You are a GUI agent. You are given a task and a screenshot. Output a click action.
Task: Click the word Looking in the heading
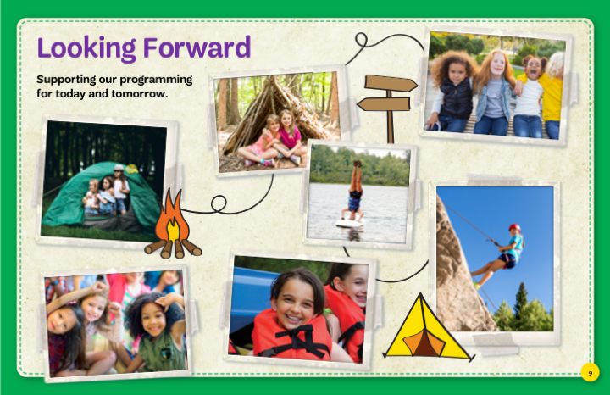[x=86, y=48]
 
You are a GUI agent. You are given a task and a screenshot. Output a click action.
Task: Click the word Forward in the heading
[x=197, y=47]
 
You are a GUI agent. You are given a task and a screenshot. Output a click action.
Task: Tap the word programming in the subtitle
[x=156, y=80]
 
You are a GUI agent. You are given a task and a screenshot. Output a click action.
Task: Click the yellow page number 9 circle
[x=591, y=373]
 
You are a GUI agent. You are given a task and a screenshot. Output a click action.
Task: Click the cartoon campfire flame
[x=172, y=219]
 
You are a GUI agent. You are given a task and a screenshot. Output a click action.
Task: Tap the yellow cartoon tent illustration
[x=428, y=328]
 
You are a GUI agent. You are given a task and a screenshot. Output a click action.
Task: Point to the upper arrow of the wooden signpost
[x=391, y=84]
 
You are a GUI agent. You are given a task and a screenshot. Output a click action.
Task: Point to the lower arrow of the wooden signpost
[x=384, y=104]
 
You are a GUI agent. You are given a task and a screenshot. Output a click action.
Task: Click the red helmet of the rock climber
[x=515, y=227]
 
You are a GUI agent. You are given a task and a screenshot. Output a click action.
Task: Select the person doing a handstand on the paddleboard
[x=354, y=191]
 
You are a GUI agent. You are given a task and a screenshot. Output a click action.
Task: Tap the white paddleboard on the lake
[x=350, y=223]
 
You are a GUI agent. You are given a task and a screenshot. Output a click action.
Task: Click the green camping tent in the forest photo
[x=101, y=198]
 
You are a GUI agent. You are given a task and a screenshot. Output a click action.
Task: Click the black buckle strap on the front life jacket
[x=297, y=339]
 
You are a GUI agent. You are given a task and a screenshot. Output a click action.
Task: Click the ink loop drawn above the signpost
[x=361, y=40]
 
